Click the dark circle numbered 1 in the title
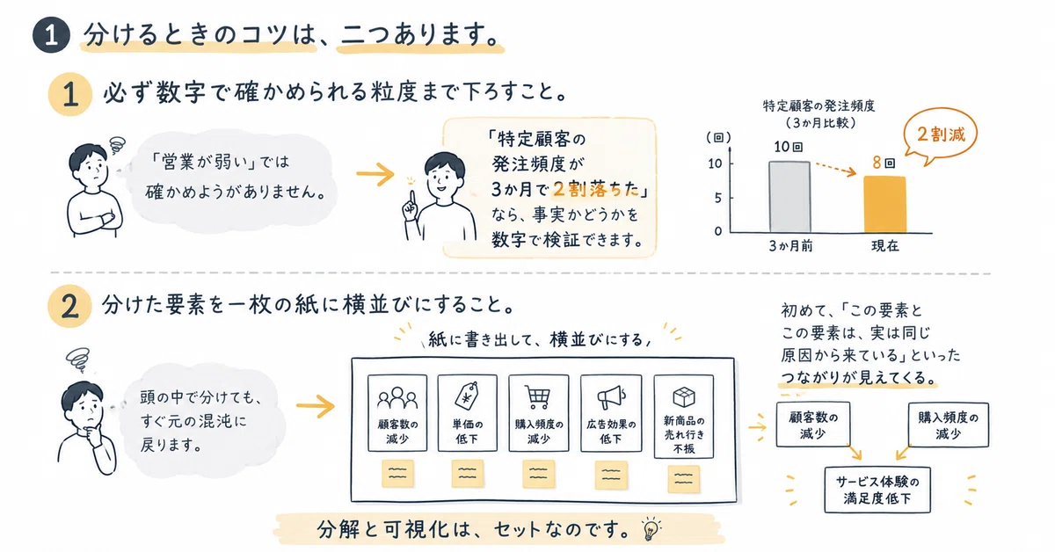[51, 35]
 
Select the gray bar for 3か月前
[789, 197]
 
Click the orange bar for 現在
[885, 205]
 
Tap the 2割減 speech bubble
[941, 135]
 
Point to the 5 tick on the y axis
[717, 198]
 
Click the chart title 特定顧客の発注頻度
[819, 106]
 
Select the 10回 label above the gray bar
[788, 147]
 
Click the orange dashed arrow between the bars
[835, 169]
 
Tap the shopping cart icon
[537, 397]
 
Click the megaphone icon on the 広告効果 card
[611, 398]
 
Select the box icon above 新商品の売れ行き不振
[684, 397]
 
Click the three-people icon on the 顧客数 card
[397, 398]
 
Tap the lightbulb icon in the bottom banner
[651, 529]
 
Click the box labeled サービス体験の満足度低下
[877, 490]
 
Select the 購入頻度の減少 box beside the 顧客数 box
[948, 425]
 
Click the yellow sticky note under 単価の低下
[467, 474]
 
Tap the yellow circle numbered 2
[69, 306]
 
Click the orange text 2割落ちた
[596, 189]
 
